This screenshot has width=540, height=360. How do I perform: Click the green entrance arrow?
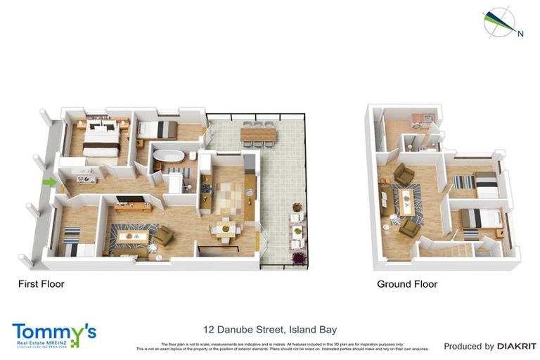[x=49, y=183]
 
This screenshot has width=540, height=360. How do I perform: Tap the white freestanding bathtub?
[x=169, y=155]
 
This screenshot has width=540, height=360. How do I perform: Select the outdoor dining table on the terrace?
[x=258, y=132]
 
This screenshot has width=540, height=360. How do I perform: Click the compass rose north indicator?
[x=499, y=22]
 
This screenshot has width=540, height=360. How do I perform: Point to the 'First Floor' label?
[x=41, y=285]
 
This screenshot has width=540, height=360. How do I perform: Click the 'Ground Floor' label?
[x=406, y=285]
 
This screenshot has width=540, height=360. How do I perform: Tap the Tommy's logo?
[x=53, y=333]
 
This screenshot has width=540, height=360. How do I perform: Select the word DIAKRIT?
[x=517, y=346]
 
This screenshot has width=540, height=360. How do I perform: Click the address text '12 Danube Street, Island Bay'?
[x=269, y=329]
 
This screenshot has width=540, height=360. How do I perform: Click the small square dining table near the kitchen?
[x=225, y=229]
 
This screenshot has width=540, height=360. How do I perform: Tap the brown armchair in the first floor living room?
[x=162, y=236]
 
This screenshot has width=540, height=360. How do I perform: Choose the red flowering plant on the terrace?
[x=297, y=207]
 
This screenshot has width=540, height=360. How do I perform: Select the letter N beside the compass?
[x=520, y=33]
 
